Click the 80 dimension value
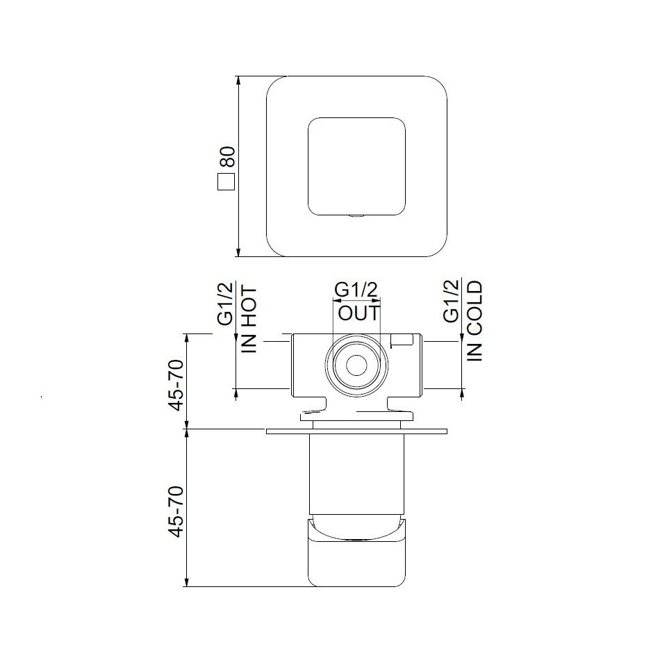click(x=226, y=158)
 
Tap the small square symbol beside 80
click(x=226, y=182)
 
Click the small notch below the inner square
click(x=357, y=216)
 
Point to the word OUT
click(x=359, y=313)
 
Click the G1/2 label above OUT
click(x=356, y=290)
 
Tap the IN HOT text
click(x=249, y=320)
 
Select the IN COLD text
click(x=475, y=321)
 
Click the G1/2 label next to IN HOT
click(x=225, y=304)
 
